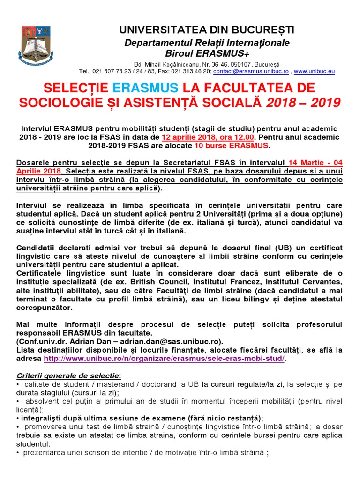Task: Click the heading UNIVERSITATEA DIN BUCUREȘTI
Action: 207,30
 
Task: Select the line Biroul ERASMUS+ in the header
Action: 207,53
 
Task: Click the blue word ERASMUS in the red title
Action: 146,88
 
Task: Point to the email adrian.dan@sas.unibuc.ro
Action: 177,341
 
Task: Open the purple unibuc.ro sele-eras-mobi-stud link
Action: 164,359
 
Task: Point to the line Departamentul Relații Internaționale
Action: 207,43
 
